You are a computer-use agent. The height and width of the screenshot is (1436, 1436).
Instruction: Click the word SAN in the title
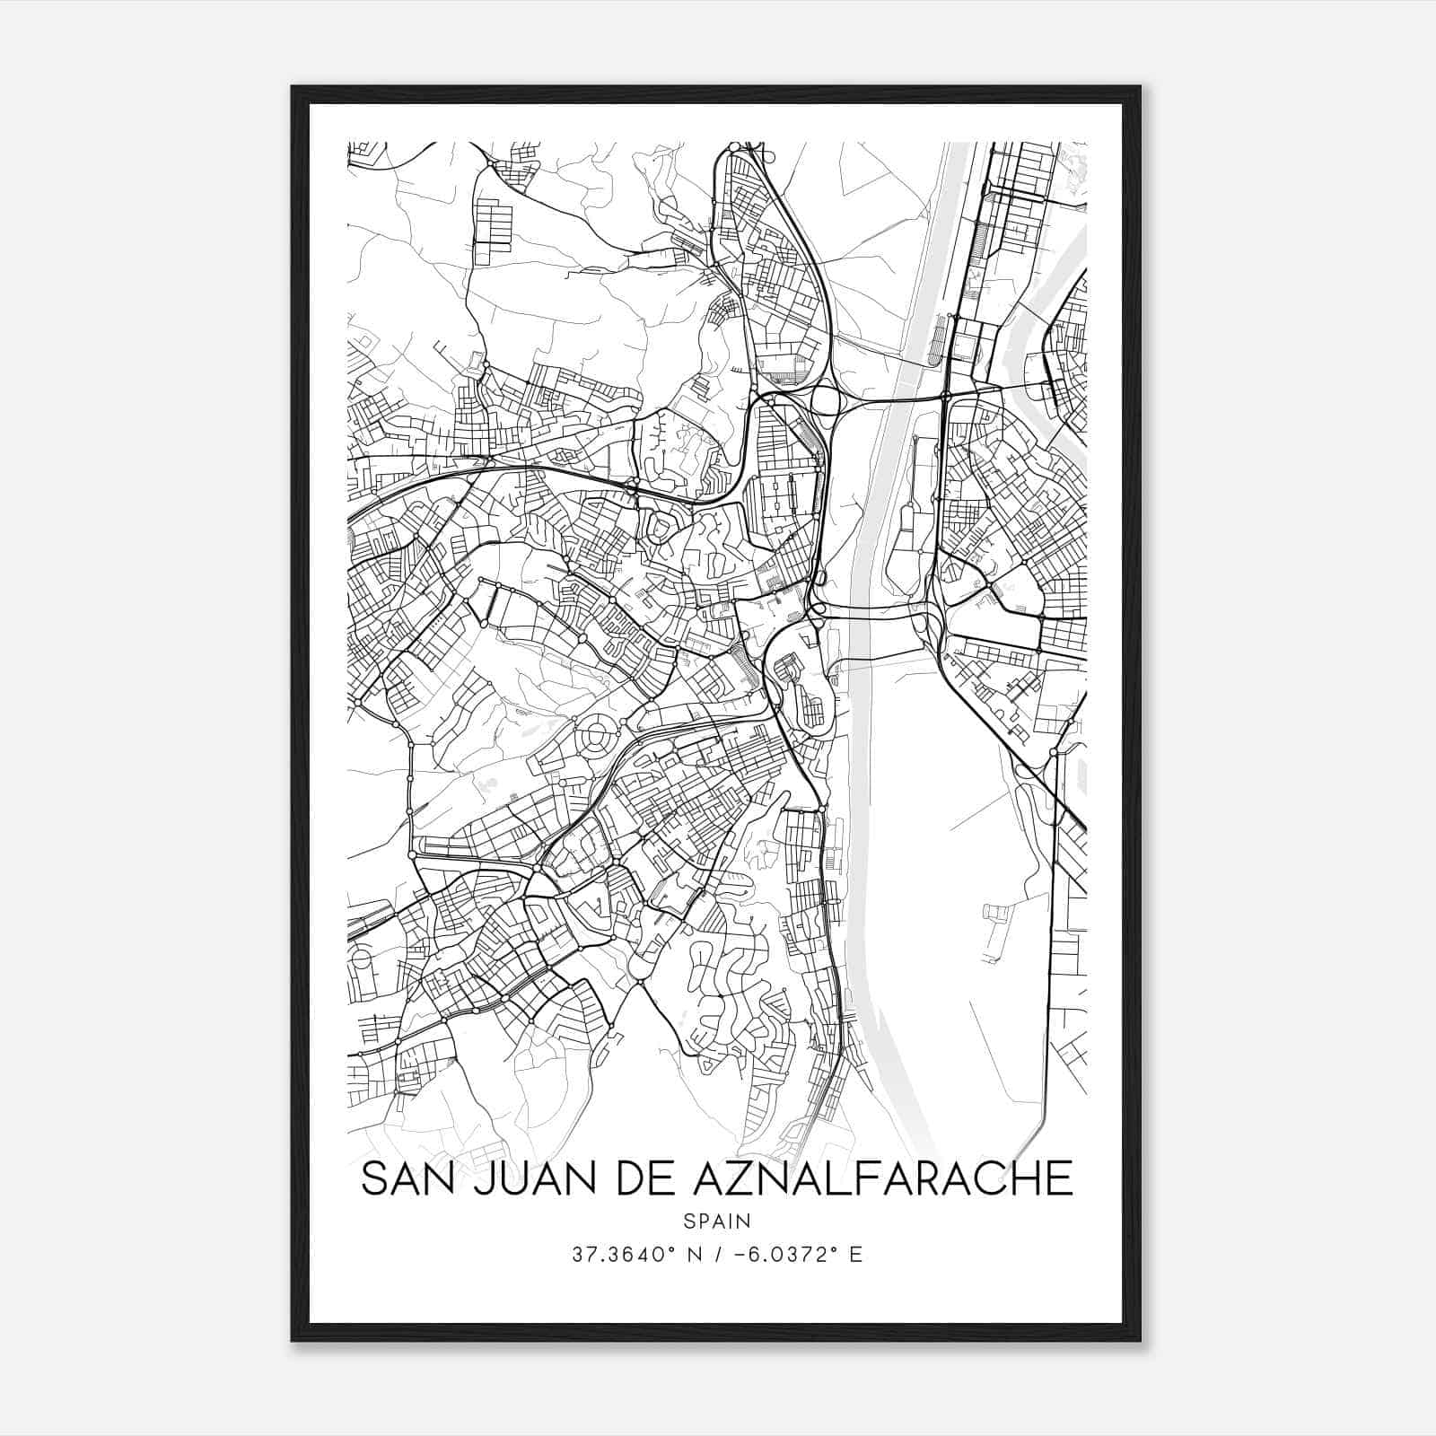407,1178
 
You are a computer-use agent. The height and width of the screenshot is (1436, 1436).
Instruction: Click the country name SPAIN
717,1221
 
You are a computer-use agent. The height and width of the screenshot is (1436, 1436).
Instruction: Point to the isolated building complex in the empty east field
996,915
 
